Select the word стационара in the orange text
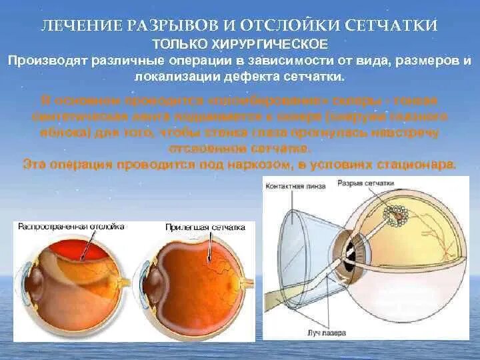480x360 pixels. tap(416, 163)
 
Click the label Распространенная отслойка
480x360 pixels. tap(71, 227)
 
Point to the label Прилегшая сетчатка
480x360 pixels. tap(205, 227)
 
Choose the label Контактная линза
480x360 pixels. tap(295, 186)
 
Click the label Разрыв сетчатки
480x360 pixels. tap(365, 183)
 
